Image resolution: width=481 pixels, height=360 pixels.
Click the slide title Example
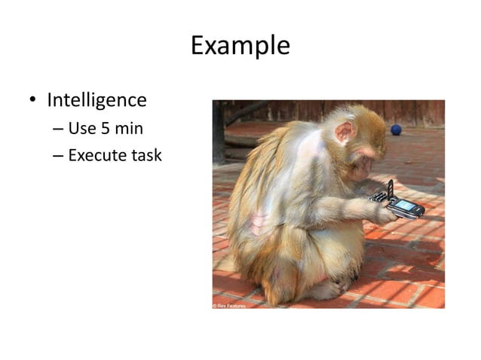click(240, 46)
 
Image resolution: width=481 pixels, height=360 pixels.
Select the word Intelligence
click(97, 99)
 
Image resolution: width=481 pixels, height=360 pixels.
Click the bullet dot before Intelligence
click(33, 100)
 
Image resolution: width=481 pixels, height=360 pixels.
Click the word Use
click(81, 128)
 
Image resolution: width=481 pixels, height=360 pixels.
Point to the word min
click(129, 128)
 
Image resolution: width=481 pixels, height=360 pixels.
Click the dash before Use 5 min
click(58, 129)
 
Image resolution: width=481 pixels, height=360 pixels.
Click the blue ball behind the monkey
click(396, 130)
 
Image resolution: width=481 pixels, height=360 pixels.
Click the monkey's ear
click(345, 133)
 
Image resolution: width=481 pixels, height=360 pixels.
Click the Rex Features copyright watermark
click(228, 305)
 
